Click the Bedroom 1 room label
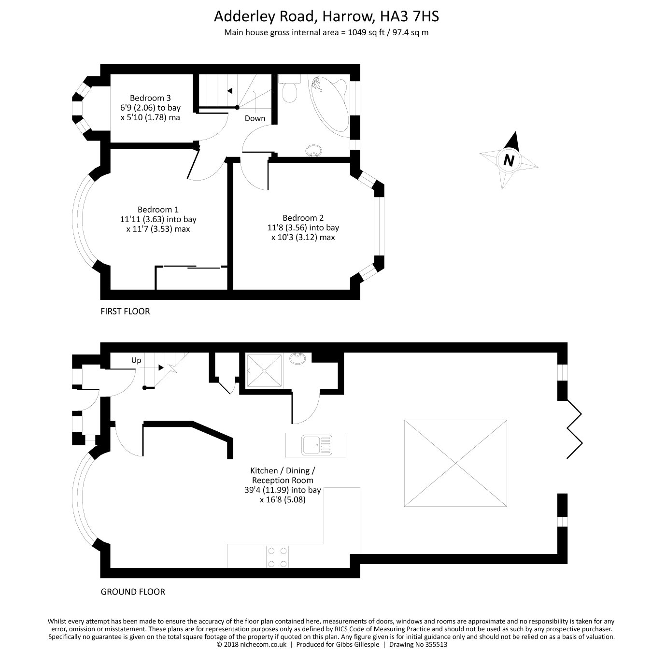pos(158,210)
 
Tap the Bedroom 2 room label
pos(303,218)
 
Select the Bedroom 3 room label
pos(150,98)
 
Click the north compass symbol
pos(509,160)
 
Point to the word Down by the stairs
pos(255,118)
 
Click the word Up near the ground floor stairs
pos(136,360)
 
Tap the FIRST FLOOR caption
pos(125,312)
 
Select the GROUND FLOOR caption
pos(132,592)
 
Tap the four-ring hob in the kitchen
pos(278,556)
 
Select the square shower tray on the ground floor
pos(264,371)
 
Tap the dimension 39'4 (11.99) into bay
pos(283,490)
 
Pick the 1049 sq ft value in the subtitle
pos(365,33)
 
